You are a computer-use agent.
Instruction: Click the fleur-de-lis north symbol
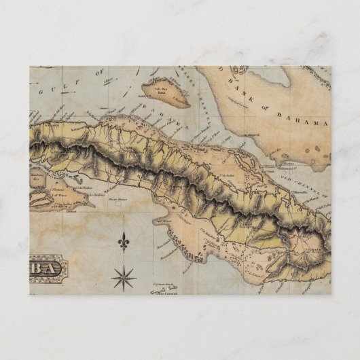pyautogui.click(x=123, y=240)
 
